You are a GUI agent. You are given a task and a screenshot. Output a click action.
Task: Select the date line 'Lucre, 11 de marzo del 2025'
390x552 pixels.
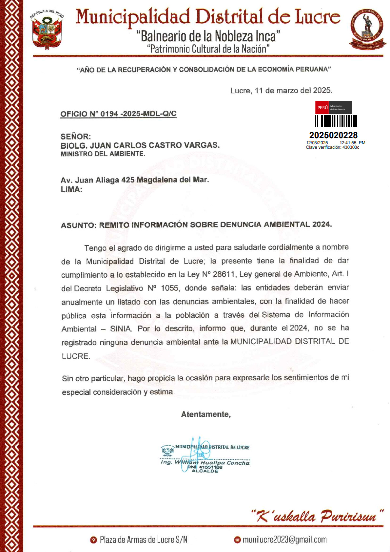[281, 91]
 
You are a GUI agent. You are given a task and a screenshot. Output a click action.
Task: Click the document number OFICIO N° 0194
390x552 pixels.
[118, 114]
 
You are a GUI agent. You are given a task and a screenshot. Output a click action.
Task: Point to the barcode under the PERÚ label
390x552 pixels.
[336, 121]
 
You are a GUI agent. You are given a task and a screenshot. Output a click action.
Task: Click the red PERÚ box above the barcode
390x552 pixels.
[322, 107]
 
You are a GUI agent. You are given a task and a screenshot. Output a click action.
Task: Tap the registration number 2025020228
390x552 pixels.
[333, 135]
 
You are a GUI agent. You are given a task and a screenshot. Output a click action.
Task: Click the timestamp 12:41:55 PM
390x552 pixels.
[352, 143]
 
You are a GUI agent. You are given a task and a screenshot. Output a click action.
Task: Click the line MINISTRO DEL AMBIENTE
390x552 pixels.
[103, 154]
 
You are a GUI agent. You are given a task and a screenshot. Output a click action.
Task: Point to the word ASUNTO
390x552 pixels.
[78, 225]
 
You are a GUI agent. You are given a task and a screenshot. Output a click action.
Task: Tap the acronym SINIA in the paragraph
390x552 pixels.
[121, 329]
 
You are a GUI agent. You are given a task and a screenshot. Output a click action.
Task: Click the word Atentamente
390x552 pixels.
[206, 414]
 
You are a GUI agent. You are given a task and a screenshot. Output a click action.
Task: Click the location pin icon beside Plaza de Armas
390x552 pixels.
[94, 540]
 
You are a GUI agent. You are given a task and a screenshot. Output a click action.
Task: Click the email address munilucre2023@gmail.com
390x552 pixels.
[284, 540]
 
